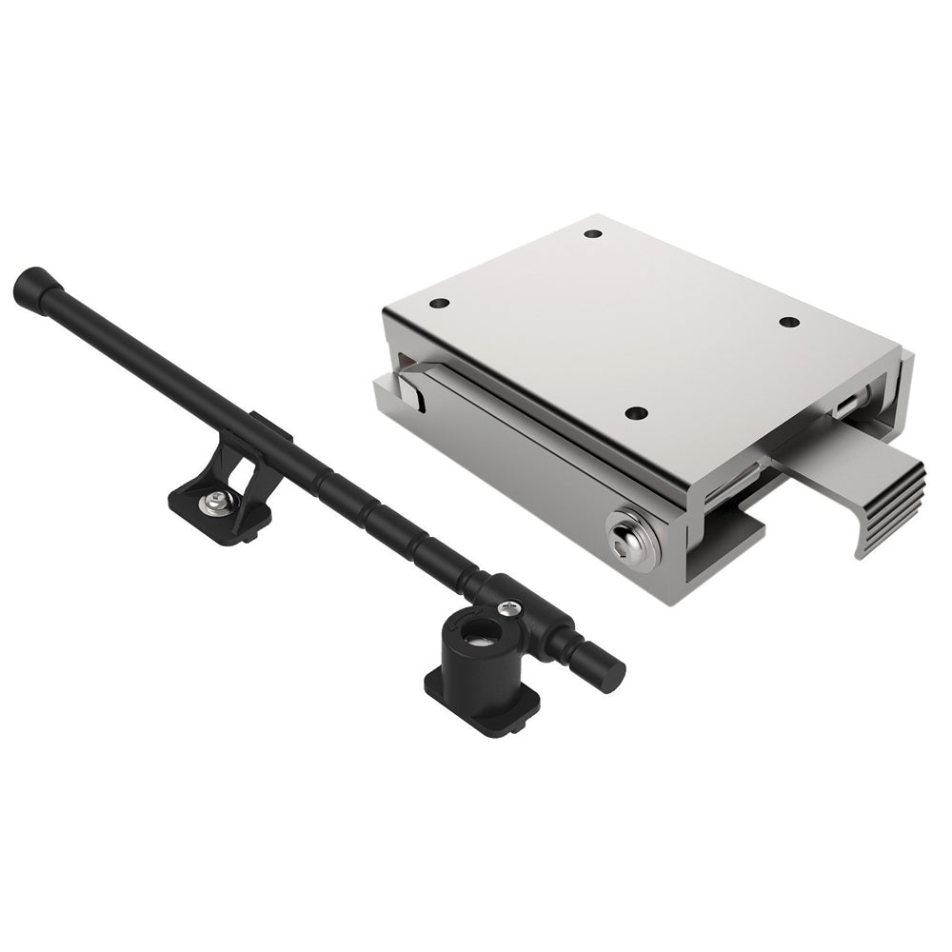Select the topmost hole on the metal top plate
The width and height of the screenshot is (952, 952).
click(592, 233)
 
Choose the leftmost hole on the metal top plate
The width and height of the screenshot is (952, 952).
click(439, 305)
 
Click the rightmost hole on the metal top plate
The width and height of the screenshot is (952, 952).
click(788, 322)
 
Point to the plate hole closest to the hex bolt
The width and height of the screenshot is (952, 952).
click(637, 414)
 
